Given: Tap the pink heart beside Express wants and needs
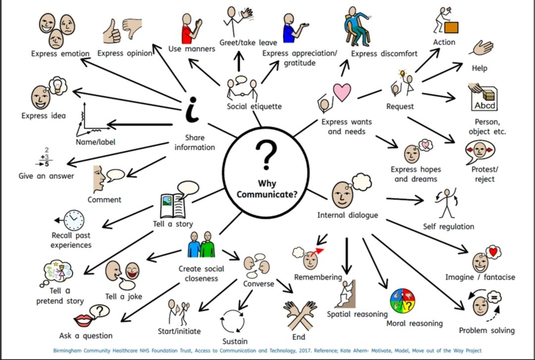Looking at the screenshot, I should [x=342, y=92].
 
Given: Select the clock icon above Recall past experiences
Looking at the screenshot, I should [x=73, y=219].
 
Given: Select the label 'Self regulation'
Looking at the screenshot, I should [x=449, y=226].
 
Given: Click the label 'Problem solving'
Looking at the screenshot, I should [x=486, y=330].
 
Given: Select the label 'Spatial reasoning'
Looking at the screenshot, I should [x=357, y=314].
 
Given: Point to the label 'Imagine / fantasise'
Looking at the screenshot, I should [x=480, y=277].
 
